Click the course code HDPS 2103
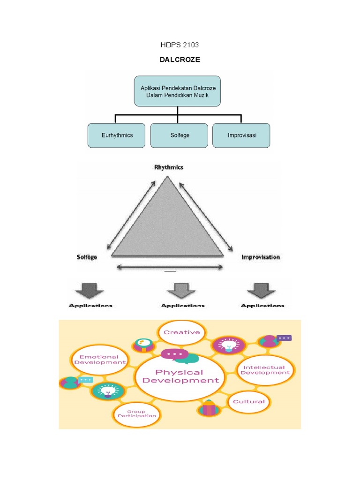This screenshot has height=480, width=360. click(x=180, y=45)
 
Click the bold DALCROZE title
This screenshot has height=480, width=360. click(x=180, y=60)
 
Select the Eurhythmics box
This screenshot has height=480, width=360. click(x=117, y=135)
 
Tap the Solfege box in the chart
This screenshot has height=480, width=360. click(x=179, y=135)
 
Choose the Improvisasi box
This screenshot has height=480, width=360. click(x=241, y=135)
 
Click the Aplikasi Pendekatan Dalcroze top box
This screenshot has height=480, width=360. click(x=178, y=91)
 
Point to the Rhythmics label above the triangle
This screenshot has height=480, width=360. click(x=169, y=167)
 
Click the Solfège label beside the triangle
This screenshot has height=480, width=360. click(x=87, y=257)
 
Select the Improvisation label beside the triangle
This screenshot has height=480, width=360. click(x=260, y=257)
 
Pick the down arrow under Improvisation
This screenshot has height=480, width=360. click(x=262, y=290)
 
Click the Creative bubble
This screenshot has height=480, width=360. click(x=181, y=332)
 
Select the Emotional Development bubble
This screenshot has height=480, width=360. click(x=100, y=360)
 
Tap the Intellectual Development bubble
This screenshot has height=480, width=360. click(x=265, y=370)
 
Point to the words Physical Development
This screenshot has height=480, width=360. click(x=180, y=376)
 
